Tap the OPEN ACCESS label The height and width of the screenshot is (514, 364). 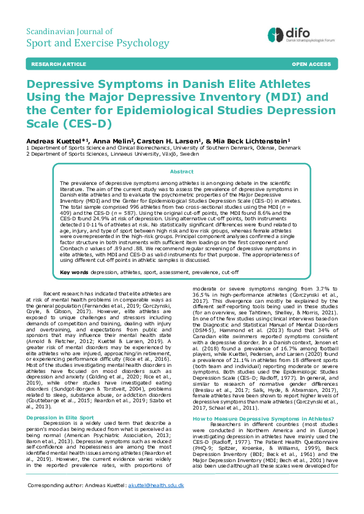pos(311,63)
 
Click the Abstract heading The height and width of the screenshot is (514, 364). pos(182,172)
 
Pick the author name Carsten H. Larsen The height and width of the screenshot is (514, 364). pos(166,140)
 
